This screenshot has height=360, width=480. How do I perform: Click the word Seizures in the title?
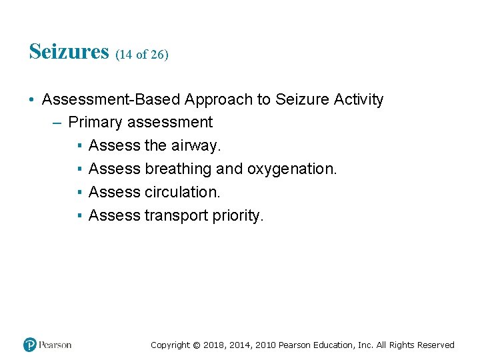point(69,51)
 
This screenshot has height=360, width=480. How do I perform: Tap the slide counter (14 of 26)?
point(142,55)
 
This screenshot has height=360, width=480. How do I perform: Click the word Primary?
point(95,123)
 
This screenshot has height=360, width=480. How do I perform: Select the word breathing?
point(178,169)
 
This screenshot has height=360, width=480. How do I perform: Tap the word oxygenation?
point(292,169)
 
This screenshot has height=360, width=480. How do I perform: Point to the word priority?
point(239,216)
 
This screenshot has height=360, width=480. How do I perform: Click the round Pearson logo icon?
point(30,345)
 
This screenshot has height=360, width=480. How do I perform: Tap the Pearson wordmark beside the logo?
point(55,345)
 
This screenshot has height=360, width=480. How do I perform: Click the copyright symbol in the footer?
point(196,345)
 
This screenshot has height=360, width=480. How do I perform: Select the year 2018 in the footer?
point(215,345)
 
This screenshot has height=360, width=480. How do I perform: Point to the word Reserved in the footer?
point(436,345)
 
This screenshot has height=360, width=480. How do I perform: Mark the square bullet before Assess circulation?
point(79,193)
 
